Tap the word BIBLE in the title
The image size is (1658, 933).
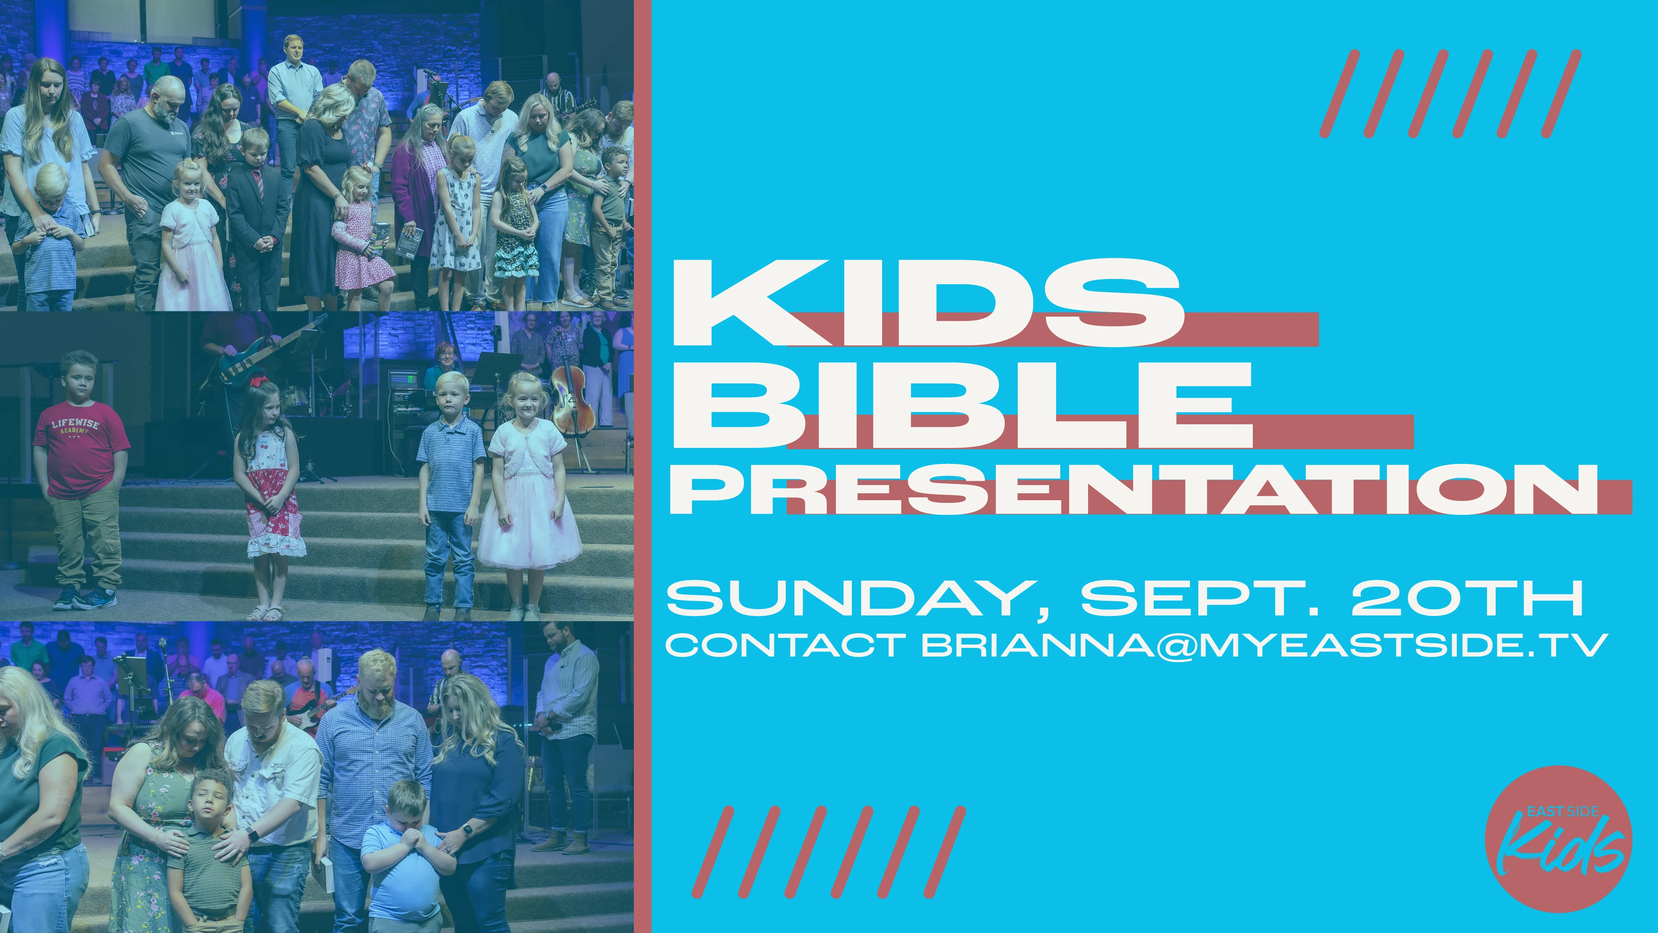coord(962,404)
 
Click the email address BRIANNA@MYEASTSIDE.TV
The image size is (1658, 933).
coord(1265,645)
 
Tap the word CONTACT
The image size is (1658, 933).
coord(786,645)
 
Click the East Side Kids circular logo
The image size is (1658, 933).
coord(1558,838)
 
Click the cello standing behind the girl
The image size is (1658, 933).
coord(570,403)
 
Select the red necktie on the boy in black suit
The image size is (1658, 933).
coord(259,184)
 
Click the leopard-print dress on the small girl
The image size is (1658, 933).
coord(516,235)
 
